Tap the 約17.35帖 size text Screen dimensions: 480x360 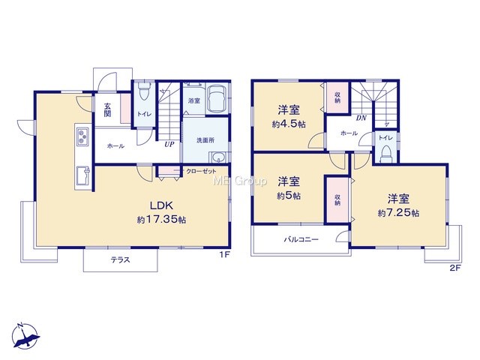(161, 220)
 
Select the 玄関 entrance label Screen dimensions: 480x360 (107, 110)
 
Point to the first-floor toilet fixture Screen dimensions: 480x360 (143, 91)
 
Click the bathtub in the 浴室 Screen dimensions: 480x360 (217, 98)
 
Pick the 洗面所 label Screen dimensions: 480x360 (205, 140)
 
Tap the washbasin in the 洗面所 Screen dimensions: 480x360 (218, 157)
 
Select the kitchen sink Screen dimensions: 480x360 (82, 175)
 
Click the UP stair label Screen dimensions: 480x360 (169, 144)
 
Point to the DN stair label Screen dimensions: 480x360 (361, 118)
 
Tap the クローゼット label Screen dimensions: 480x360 (201, 172)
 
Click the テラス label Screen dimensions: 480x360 (120, 260)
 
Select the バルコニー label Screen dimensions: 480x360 (301, 239)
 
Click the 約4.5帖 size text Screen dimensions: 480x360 (289, 124)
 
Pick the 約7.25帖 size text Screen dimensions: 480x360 (398, 213)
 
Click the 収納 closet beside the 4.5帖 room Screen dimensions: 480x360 (337, 97)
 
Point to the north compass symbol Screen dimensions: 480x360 (25, 336)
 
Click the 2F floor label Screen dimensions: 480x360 (455, 268)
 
